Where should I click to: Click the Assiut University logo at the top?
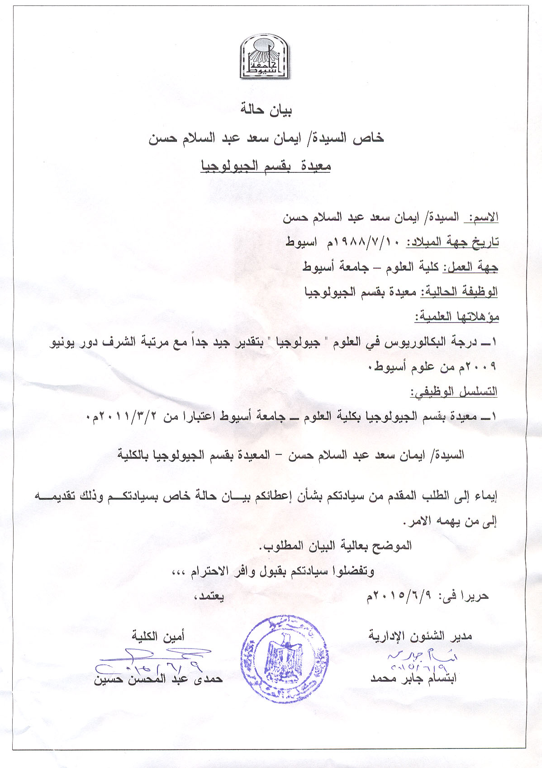tap(264, 57)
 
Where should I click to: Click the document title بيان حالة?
tap(266, 110)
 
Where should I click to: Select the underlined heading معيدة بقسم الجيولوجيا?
tap(266, 166)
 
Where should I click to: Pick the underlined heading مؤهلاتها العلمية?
tap(457, 317)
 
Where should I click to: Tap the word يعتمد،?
tap(209, 596)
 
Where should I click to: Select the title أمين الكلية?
tap(158, 636)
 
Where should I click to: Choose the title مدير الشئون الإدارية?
tap(420, 636)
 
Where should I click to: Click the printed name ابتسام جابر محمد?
tap(414, 678)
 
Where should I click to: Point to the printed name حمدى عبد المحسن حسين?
tap(158, 679)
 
